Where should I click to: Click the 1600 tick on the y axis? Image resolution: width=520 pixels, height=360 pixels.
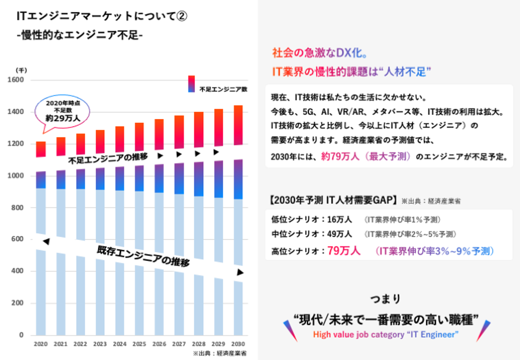16,80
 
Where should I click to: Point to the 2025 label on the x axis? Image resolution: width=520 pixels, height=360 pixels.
139,344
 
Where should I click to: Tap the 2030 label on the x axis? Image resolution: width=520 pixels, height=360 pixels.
238,344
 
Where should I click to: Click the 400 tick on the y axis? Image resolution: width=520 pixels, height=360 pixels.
17,271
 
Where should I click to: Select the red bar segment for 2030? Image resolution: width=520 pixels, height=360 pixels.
238,125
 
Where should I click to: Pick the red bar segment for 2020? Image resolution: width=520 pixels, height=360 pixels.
41,149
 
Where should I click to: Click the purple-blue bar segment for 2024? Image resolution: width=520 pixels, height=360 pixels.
120,179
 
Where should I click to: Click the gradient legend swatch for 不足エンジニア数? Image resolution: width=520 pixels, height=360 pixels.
191,84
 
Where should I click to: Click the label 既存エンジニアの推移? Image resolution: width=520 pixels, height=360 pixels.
143,256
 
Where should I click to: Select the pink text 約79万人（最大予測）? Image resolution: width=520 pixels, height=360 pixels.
366,157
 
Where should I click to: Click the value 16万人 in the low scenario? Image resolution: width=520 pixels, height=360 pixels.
339,219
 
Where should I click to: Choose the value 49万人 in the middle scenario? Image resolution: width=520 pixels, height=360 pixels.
339,234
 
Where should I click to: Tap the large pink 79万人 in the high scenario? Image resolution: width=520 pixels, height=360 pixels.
344,251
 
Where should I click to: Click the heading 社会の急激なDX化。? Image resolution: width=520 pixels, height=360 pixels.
320,53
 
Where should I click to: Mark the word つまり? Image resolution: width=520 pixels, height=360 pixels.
386,299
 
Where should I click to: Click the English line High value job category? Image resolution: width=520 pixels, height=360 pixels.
386,335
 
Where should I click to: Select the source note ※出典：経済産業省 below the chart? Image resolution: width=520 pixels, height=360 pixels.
220,353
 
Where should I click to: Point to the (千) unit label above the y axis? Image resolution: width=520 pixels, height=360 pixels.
21,70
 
